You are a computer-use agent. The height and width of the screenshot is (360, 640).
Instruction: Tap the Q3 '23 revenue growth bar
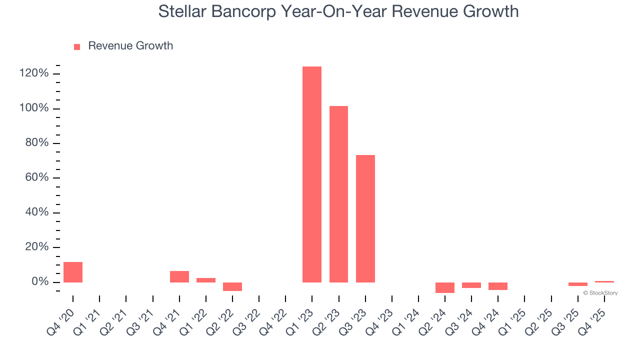click(x=365, y=218)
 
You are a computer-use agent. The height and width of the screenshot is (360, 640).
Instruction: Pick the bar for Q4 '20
click(x=73, y=272)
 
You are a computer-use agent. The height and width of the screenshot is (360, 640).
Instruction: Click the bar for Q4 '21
click(x=179, y=276)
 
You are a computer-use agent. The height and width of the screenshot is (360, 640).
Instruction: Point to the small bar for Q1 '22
click(x=206, y=280)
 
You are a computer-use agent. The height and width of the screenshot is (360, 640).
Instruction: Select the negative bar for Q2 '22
click(x=232, y=286)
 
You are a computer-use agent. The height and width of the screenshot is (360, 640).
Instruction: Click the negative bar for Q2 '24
click(x=445, y=287)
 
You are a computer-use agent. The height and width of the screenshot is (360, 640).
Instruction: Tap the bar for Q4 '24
click(x=498, y=286)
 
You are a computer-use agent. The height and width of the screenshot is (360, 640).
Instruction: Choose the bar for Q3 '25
click(x=577, y=284)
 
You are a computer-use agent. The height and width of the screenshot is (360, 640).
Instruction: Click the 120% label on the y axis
click(x=34, y=74)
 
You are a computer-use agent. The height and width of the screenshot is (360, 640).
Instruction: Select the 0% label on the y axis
click(x=39, y=282)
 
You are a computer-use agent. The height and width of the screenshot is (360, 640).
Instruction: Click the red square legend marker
click(x=77, y=46)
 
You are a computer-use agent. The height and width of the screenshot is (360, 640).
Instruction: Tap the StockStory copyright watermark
click(x=600, y=293)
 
